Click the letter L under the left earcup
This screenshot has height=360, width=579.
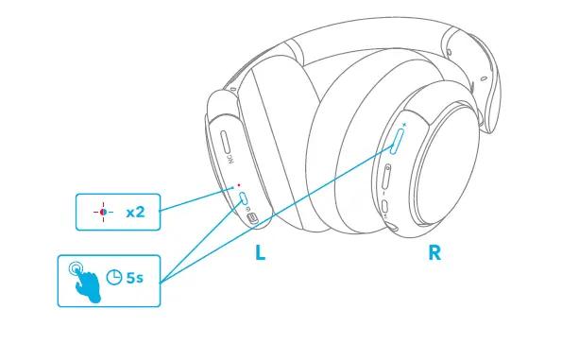[x=261, y=253]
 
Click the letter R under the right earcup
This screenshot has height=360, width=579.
[x=434, y=253]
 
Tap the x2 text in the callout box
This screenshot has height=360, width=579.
[x=135, y=212]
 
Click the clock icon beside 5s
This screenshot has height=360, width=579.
[x=114, y=278]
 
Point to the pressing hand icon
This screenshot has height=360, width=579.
[x=83, y=279]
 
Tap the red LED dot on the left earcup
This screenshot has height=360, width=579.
[x=239, y=185]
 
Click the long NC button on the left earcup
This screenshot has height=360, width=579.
[x=227, y=146]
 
